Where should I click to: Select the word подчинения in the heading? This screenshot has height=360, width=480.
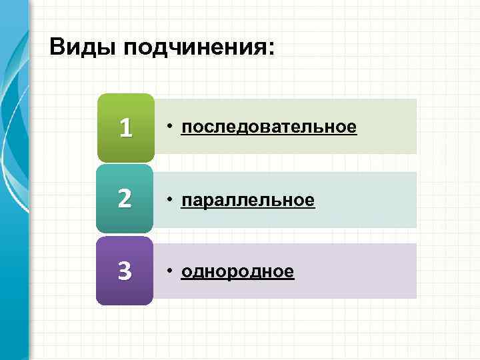tap(189, 49)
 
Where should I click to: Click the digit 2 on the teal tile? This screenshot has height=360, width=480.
tap(125, 199)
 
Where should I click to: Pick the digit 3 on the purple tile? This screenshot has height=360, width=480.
tap(125, 271)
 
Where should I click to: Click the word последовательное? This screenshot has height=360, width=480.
tap(269, 127)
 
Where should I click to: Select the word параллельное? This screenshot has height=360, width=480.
tap(247, 199)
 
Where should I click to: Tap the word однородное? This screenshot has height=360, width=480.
tap(237, 271)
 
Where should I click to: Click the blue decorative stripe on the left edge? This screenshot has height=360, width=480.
tap(13, 200)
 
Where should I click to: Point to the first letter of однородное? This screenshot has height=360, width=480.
tap(186, 272)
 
